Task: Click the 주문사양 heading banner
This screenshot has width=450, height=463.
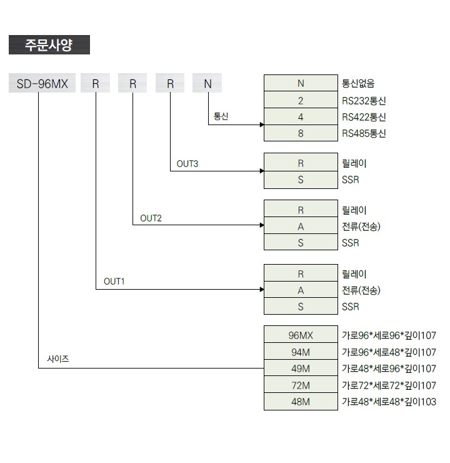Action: click(49, 44)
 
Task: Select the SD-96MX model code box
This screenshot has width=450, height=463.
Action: click(42, 83)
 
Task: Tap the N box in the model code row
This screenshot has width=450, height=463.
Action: click(207, 83)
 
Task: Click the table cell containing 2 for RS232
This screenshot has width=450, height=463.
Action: click(301, 100)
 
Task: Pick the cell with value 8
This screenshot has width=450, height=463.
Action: click(301, 133)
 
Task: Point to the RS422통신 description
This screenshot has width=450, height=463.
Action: click(364, 117)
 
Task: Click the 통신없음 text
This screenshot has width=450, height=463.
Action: click(358, 83)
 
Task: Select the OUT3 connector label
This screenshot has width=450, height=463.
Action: click(187, 163)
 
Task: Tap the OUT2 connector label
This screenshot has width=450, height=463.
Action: click(151, 218)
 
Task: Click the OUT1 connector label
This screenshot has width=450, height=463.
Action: click(114, 282)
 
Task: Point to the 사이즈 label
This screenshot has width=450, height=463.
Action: click(58, 359)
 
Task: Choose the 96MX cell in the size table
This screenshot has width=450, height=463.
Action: click(301, 335)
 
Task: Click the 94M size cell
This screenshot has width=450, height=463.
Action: click(301, 352)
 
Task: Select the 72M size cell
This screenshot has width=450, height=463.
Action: click(301, 384)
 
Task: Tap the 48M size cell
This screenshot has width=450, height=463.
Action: click(301, 401)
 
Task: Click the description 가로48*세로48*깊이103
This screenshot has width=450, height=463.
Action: click(389, 402)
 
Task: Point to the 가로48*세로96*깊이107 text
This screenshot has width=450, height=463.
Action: click(389, 369)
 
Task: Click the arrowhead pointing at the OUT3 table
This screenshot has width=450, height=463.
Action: click(262, 171)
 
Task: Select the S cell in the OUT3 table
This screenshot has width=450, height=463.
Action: click(301, 180)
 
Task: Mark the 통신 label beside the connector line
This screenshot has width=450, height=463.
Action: click(221, 116)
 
